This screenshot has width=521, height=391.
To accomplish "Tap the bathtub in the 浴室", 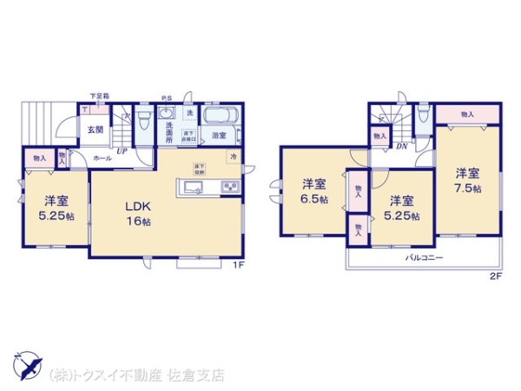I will point(218,116).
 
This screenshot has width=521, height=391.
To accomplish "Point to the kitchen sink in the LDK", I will point(190,187).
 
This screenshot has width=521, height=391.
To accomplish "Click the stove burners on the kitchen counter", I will point(228,187).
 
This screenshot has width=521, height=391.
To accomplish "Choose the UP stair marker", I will point(122,150).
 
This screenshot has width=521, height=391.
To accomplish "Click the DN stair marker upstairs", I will point(401,146).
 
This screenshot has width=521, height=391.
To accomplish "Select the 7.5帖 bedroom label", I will point(467,180).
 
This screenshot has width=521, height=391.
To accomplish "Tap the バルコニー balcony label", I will point(423,259).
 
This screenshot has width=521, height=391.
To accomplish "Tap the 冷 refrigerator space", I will point(233,156).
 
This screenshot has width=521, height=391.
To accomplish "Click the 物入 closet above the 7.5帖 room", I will point(467,114).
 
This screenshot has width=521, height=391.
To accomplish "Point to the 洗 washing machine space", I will point(188,114).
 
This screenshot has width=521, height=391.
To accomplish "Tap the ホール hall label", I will point(101,159).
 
